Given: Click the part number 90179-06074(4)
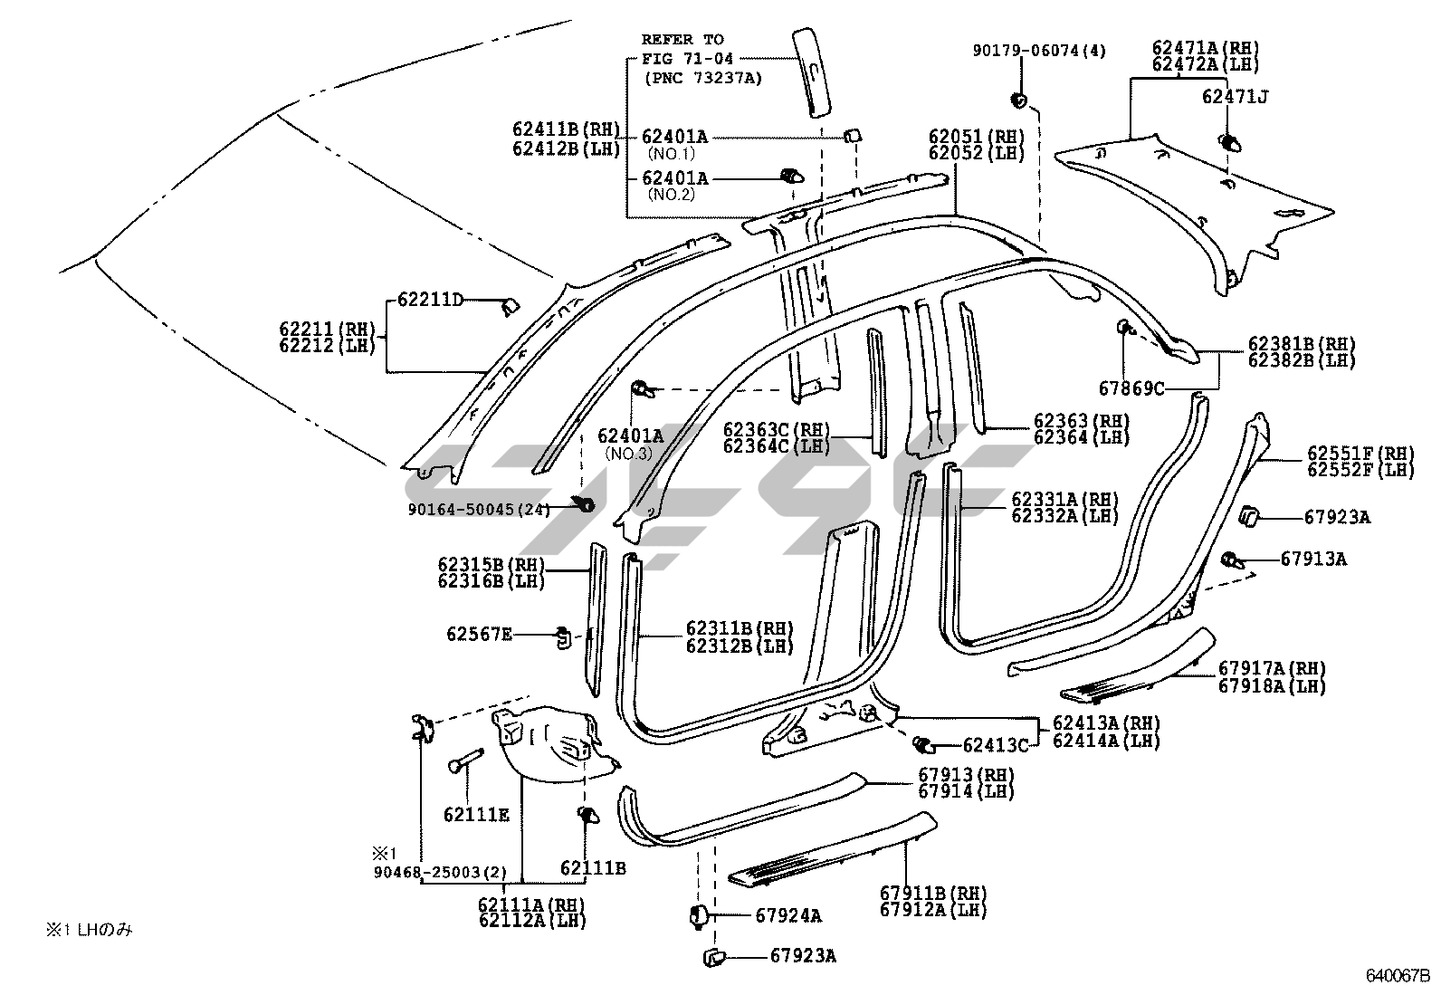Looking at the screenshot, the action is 1039,50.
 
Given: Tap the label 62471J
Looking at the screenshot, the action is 1236,97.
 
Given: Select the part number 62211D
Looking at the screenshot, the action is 430,300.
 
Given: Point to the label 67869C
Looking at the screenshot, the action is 1131,388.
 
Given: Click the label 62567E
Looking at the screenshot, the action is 479,634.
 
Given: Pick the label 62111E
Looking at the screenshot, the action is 477,815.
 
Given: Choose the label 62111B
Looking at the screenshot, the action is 593,868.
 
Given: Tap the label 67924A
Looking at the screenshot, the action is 788,915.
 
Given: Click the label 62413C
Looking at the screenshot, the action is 996,745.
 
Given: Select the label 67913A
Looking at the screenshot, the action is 1313,559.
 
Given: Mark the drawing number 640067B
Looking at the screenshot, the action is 1398,976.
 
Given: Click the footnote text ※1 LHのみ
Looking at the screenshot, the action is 89,929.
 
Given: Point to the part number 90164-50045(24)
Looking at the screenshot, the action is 479,510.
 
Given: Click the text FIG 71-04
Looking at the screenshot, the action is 687,59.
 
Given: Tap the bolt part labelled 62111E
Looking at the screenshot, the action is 466,761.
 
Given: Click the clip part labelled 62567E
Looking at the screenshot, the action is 564,638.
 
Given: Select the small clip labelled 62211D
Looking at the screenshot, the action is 511,308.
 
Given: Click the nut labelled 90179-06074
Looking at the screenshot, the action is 1019,100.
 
